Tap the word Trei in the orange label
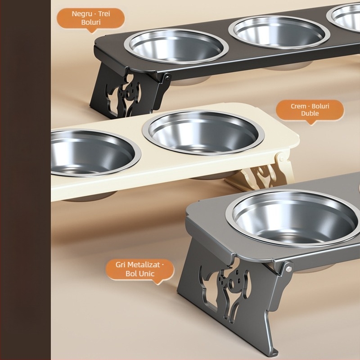click(104, 14)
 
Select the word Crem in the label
click(298, 106)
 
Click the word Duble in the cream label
click(310, 113)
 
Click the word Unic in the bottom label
click(146, 274)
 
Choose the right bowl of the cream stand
click(203, 133)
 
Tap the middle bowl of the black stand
click(279, 32)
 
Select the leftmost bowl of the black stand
click(176, 46)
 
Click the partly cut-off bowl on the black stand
click(344, 17)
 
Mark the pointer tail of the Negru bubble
click(92, 31)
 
